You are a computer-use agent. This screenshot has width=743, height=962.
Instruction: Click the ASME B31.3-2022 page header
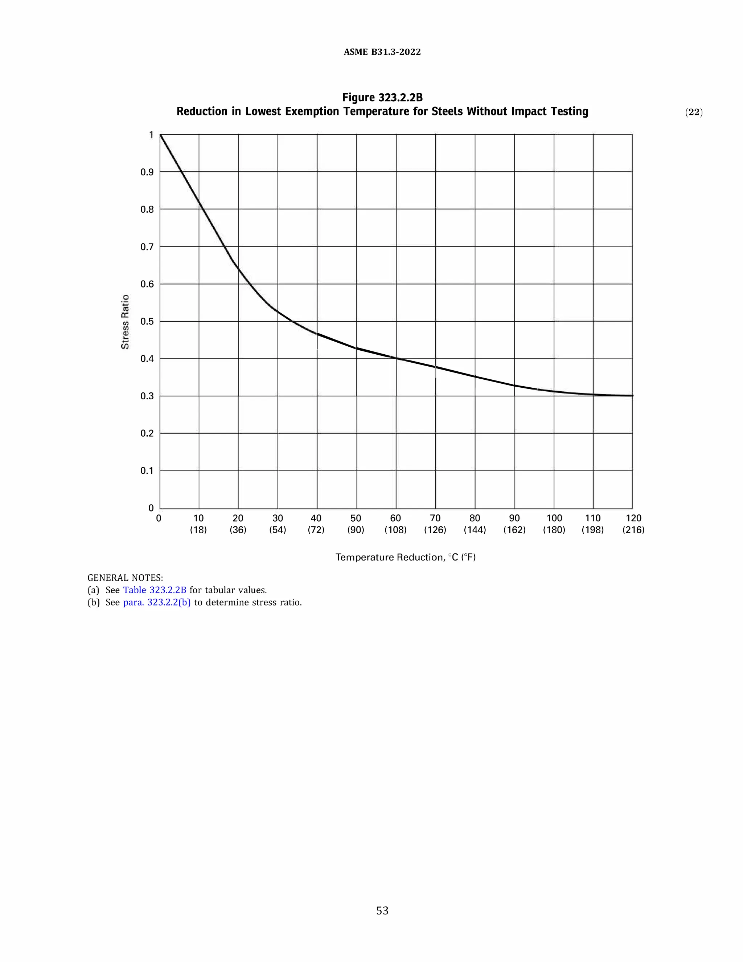(382, 52)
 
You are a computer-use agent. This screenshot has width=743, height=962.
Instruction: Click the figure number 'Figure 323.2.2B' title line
(382, 97)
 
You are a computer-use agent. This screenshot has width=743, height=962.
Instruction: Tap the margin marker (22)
(694, 112)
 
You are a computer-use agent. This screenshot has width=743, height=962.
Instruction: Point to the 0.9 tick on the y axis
(147, 172)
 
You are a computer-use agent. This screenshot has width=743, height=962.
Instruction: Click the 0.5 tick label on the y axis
(147, 322)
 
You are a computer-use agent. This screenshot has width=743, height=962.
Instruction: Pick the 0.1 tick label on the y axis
(147, 471)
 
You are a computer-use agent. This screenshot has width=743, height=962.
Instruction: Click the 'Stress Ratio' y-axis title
(126, 322)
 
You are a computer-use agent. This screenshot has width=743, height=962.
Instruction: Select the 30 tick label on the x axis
(278, 518)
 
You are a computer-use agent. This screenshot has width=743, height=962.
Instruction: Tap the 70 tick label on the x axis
(435, 518)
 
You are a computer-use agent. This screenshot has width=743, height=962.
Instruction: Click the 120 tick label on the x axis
(633, 518)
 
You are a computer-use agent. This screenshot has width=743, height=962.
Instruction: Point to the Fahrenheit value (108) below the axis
(395, 530)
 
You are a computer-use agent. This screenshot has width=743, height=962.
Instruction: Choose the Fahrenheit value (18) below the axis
(198, 530)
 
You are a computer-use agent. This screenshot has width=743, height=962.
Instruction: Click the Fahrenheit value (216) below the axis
(633, 530)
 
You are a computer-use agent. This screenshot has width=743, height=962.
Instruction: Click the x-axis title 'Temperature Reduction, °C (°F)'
(405, 557)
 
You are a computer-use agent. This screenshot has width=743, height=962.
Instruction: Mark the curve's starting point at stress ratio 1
(160, 135)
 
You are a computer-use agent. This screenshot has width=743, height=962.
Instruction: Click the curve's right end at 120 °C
(632, 396)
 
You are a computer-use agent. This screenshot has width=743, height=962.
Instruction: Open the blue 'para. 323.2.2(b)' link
(157, 602)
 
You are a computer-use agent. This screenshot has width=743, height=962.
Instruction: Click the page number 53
(382, 910)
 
